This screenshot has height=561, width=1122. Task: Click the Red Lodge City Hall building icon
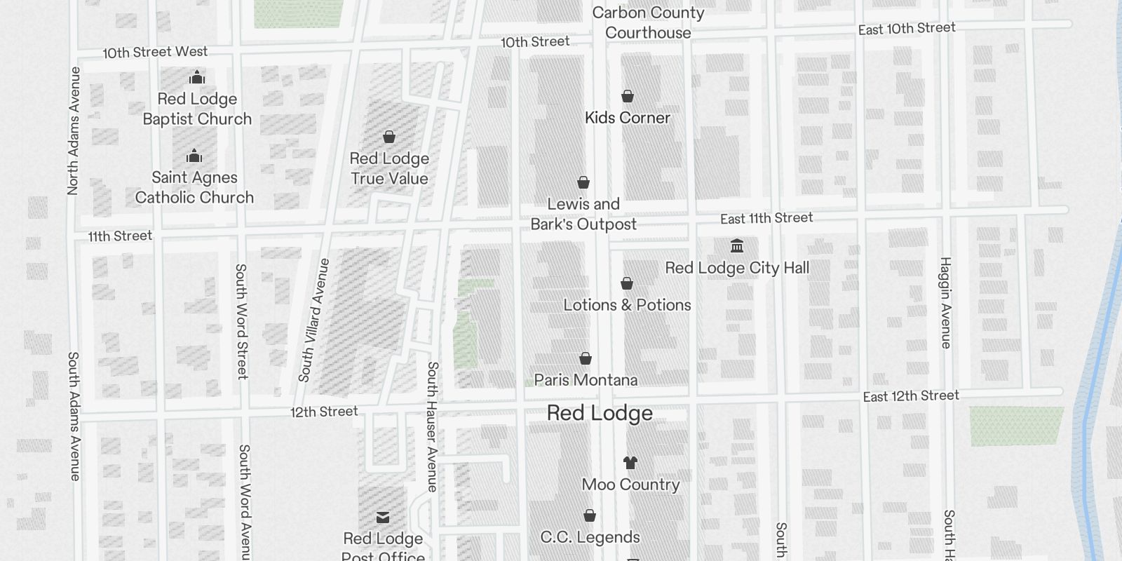point(737,246)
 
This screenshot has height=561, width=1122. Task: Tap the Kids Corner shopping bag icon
point(628,96)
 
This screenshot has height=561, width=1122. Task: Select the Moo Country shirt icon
point(630,463)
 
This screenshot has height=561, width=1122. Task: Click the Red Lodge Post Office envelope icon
point(383,518)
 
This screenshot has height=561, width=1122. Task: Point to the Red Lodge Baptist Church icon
point(197,77)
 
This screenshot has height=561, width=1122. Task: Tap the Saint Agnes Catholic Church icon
point(194,156)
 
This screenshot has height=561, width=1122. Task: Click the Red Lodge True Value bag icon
point(389,137)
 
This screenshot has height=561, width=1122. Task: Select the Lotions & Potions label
point(628,305)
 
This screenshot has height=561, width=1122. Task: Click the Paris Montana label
point(586,380)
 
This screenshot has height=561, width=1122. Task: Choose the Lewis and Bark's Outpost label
point(583,214)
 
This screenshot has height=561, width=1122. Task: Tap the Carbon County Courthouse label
point(648,22)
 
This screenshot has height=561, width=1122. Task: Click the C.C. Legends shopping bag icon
point(590,516)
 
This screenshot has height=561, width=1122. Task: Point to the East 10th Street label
point(907,29)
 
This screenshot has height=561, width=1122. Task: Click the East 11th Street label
point(766,219)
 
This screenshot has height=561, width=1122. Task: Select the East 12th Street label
point(911,396)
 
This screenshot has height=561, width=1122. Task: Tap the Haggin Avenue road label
point(946,303)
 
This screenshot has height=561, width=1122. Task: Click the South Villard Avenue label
point(313,320)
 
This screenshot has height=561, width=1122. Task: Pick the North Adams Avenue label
point(74,130)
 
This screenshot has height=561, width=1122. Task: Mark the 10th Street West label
point(155,53)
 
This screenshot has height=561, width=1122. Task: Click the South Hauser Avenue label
point(432,426)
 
